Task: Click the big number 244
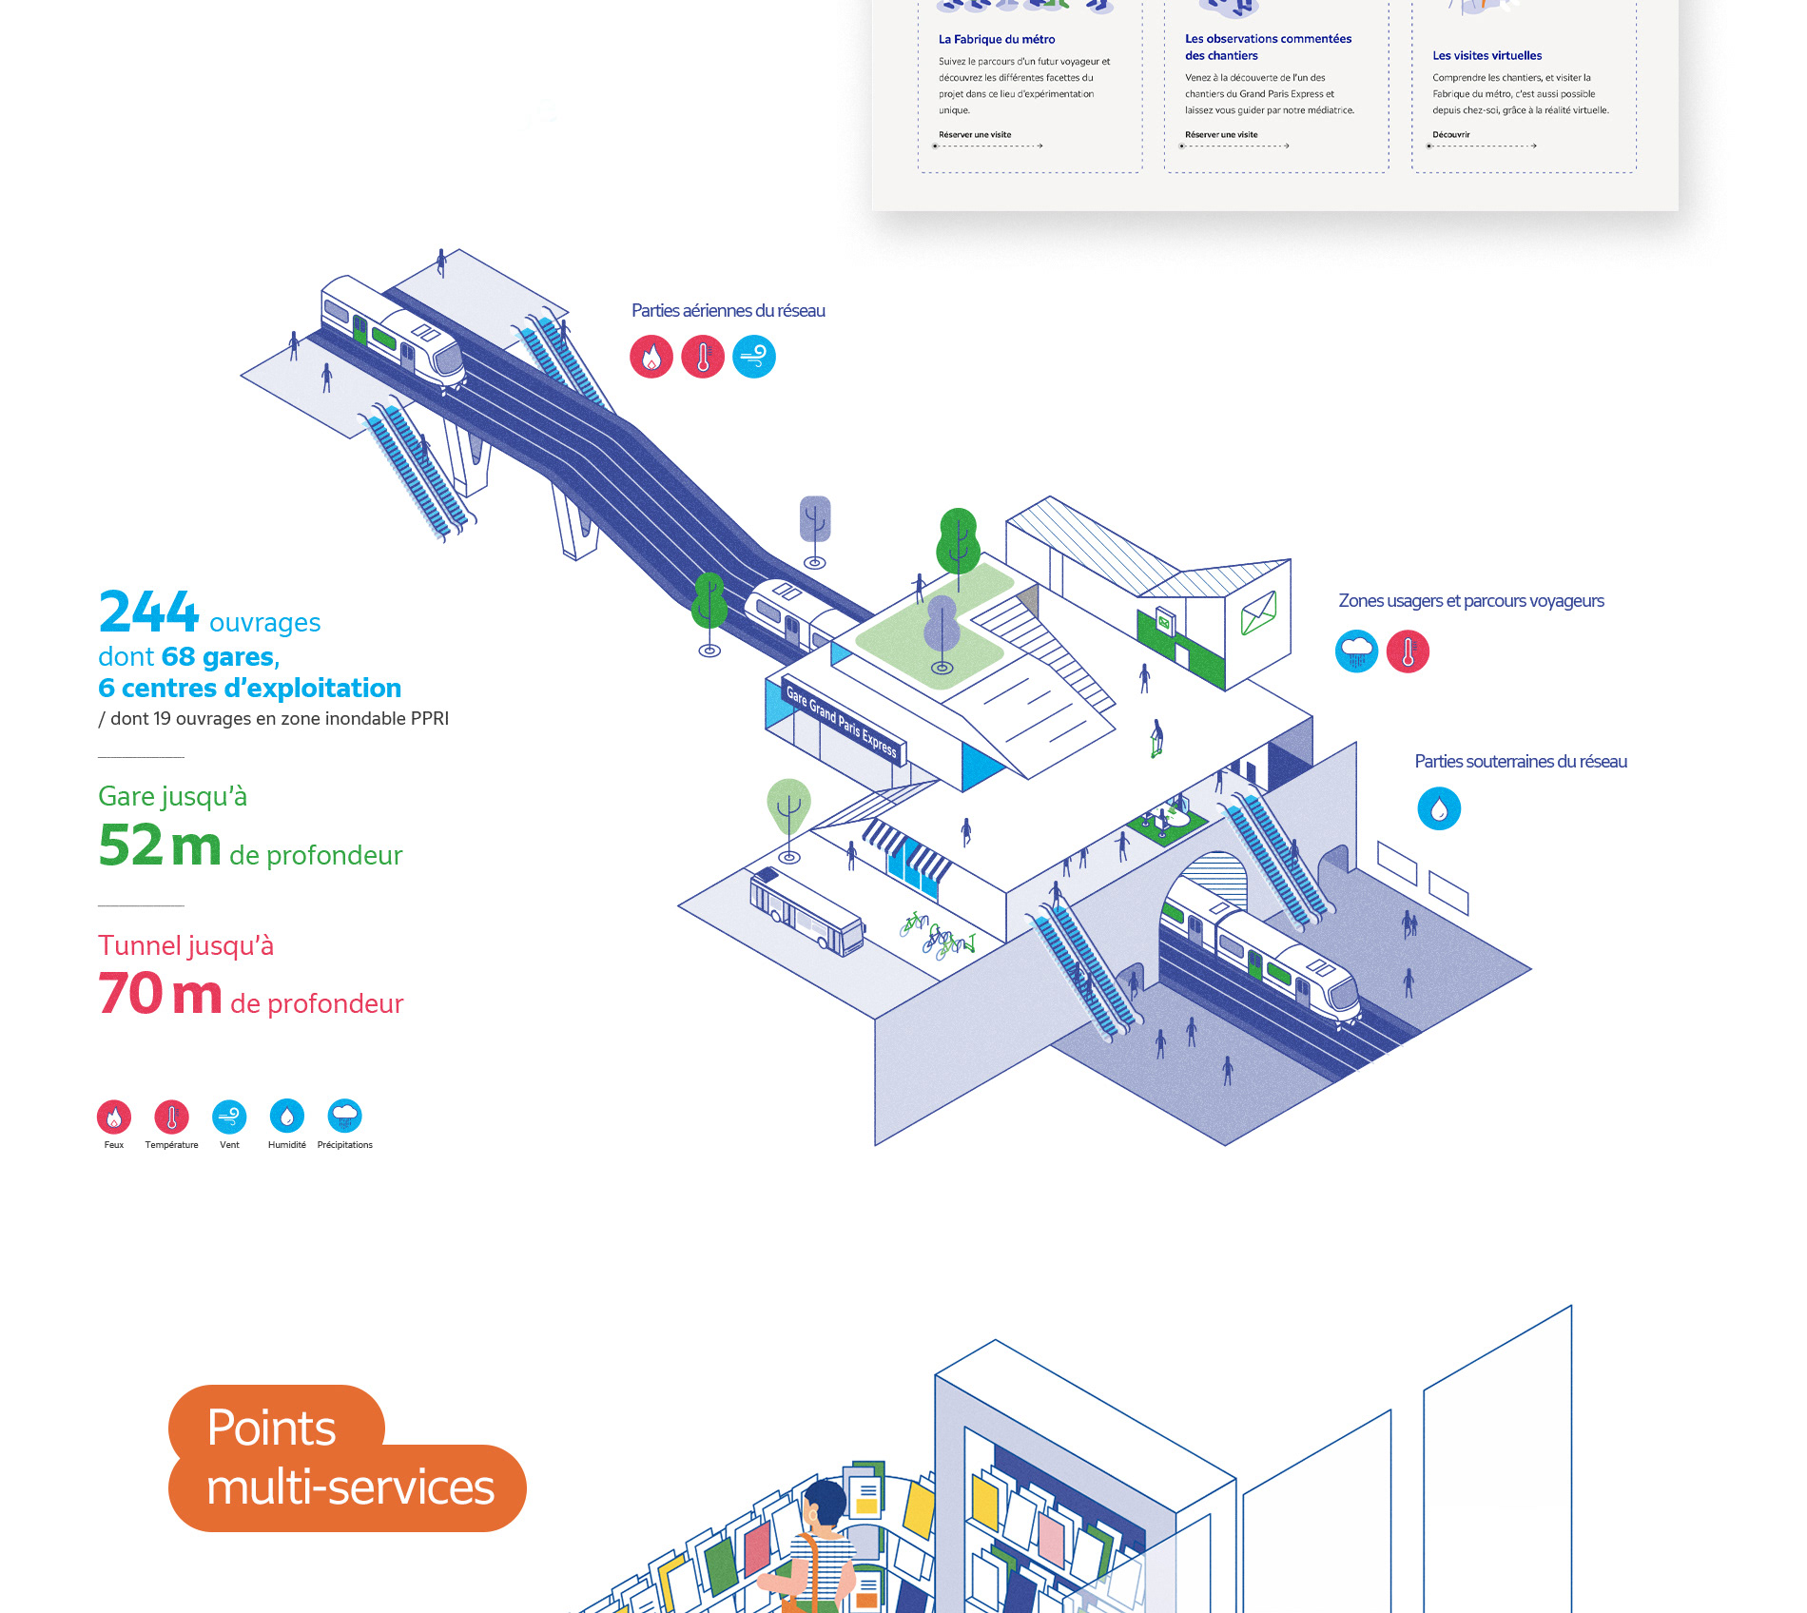(x=148, y=612)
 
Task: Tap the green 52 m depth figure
(x=160, y=845)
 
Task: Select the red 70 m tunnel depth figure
(x=160, y=994)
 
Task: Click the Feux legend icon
(x=114, y=1117)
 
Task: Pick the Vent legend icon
(x=229, y=1117)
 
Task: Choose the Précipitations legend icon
(x=344, y=1116)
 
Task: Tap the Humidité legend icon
(x=287, y=1116)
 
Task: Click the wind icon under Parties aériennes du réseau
(x=754, y=357)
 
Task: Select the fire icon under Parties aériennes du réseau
(x=651, y=357)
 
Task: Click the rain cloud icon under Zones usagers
(x=1356, y=651)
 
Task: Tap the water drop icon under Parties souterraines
(x=1439, y=809)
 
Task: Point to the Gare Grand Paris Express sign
(x=842, y=720)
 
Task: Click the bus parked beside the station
(x=806, y=912)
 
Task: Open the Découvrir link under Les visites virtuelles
(x=1451, y=135)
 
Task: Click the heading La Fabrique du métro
(x=997, y=39)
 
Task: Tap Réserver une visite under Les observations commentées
(x=1221, y=135)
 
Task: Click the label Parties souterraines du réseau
(x=1521, y=762)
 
